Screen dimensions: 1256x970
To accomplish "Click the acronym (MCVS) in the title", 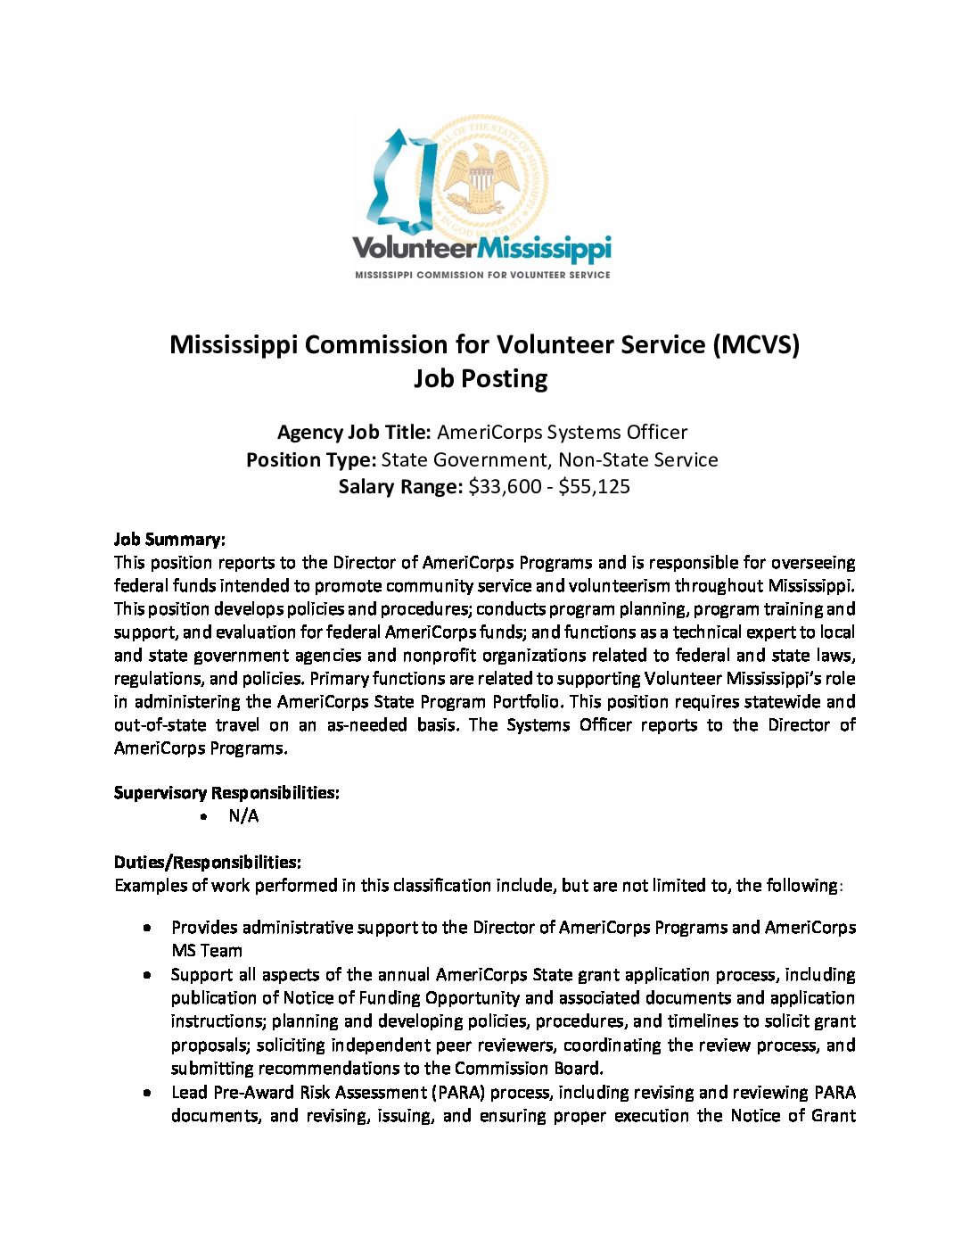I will (756, 344).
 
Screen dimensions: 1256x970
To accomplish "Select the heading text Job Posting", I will (481, 378).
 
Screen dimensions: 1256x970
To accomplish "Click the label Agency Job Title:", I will (354, 433).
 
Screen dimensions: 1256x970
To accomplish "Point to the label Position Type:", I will (311, 460).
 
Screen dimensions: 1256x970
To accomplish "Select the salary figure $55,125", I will (595, 487).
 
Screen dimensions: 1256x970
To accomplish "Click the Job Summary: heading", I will (169, 540).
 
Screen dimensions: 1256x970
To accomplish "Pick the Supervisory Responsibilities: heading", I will (226, 793).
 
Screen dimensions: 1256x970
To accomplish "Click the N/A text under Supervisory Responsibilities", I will (243, 816).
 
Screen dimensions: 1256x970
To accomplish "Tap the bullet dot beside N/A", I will (205, 817).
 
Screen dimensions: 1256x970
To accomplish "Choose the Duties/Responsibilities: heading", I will (207, 863).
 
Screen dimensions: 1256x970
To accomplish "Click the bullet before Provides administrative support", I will (146, 929).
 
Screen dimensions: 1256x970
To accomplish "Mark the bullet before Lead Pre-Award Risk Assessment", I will (146, 1093).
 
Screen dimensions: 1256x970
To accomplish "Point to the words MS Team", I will (207, 951).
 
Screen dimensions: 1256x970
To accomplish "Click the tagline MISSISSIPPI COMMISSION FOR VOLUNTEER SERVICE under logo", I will (482, 275).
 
